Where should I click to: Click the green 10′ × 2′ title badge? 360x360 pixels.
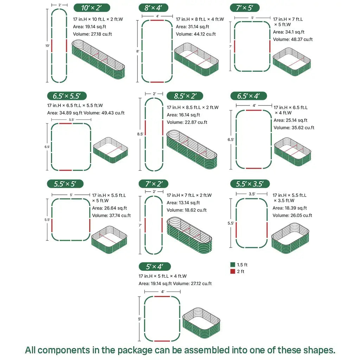[92, 8]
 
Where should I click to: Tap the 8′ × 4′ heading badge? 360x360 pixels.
[156, 8]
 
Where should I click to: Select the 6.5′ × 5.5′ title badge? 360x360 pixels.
[67, 96]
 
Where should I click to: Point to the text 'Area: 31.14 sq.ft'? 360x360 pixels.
[192, 27]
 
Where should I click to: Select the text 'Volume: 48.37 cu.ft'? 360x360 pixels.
[293, 39]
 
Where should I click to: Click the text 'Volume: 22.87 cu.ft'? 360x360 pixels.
[187, 122]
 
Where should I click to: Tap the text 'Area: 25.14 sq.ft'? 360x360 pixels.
[290, 120]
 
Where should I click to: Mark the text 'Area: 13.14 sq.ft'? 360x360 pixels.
[183, 202]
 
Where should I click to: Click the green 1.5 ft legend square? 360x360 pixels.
[232, 265]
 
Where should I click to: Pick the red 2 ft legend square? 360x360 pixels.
[232, 271]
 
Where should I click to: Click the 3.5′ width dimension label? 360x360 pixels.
[252, 194]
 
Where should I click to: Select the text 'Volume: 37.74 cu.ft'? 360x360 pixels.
[111, 216]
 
